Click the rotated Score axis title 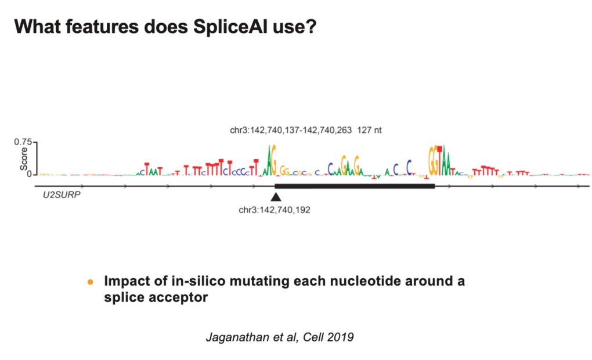point(24,159)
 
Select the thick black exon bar point(354,186)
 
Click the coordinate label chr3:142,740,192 point(275,210)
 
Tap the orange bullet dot point(90,282)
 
